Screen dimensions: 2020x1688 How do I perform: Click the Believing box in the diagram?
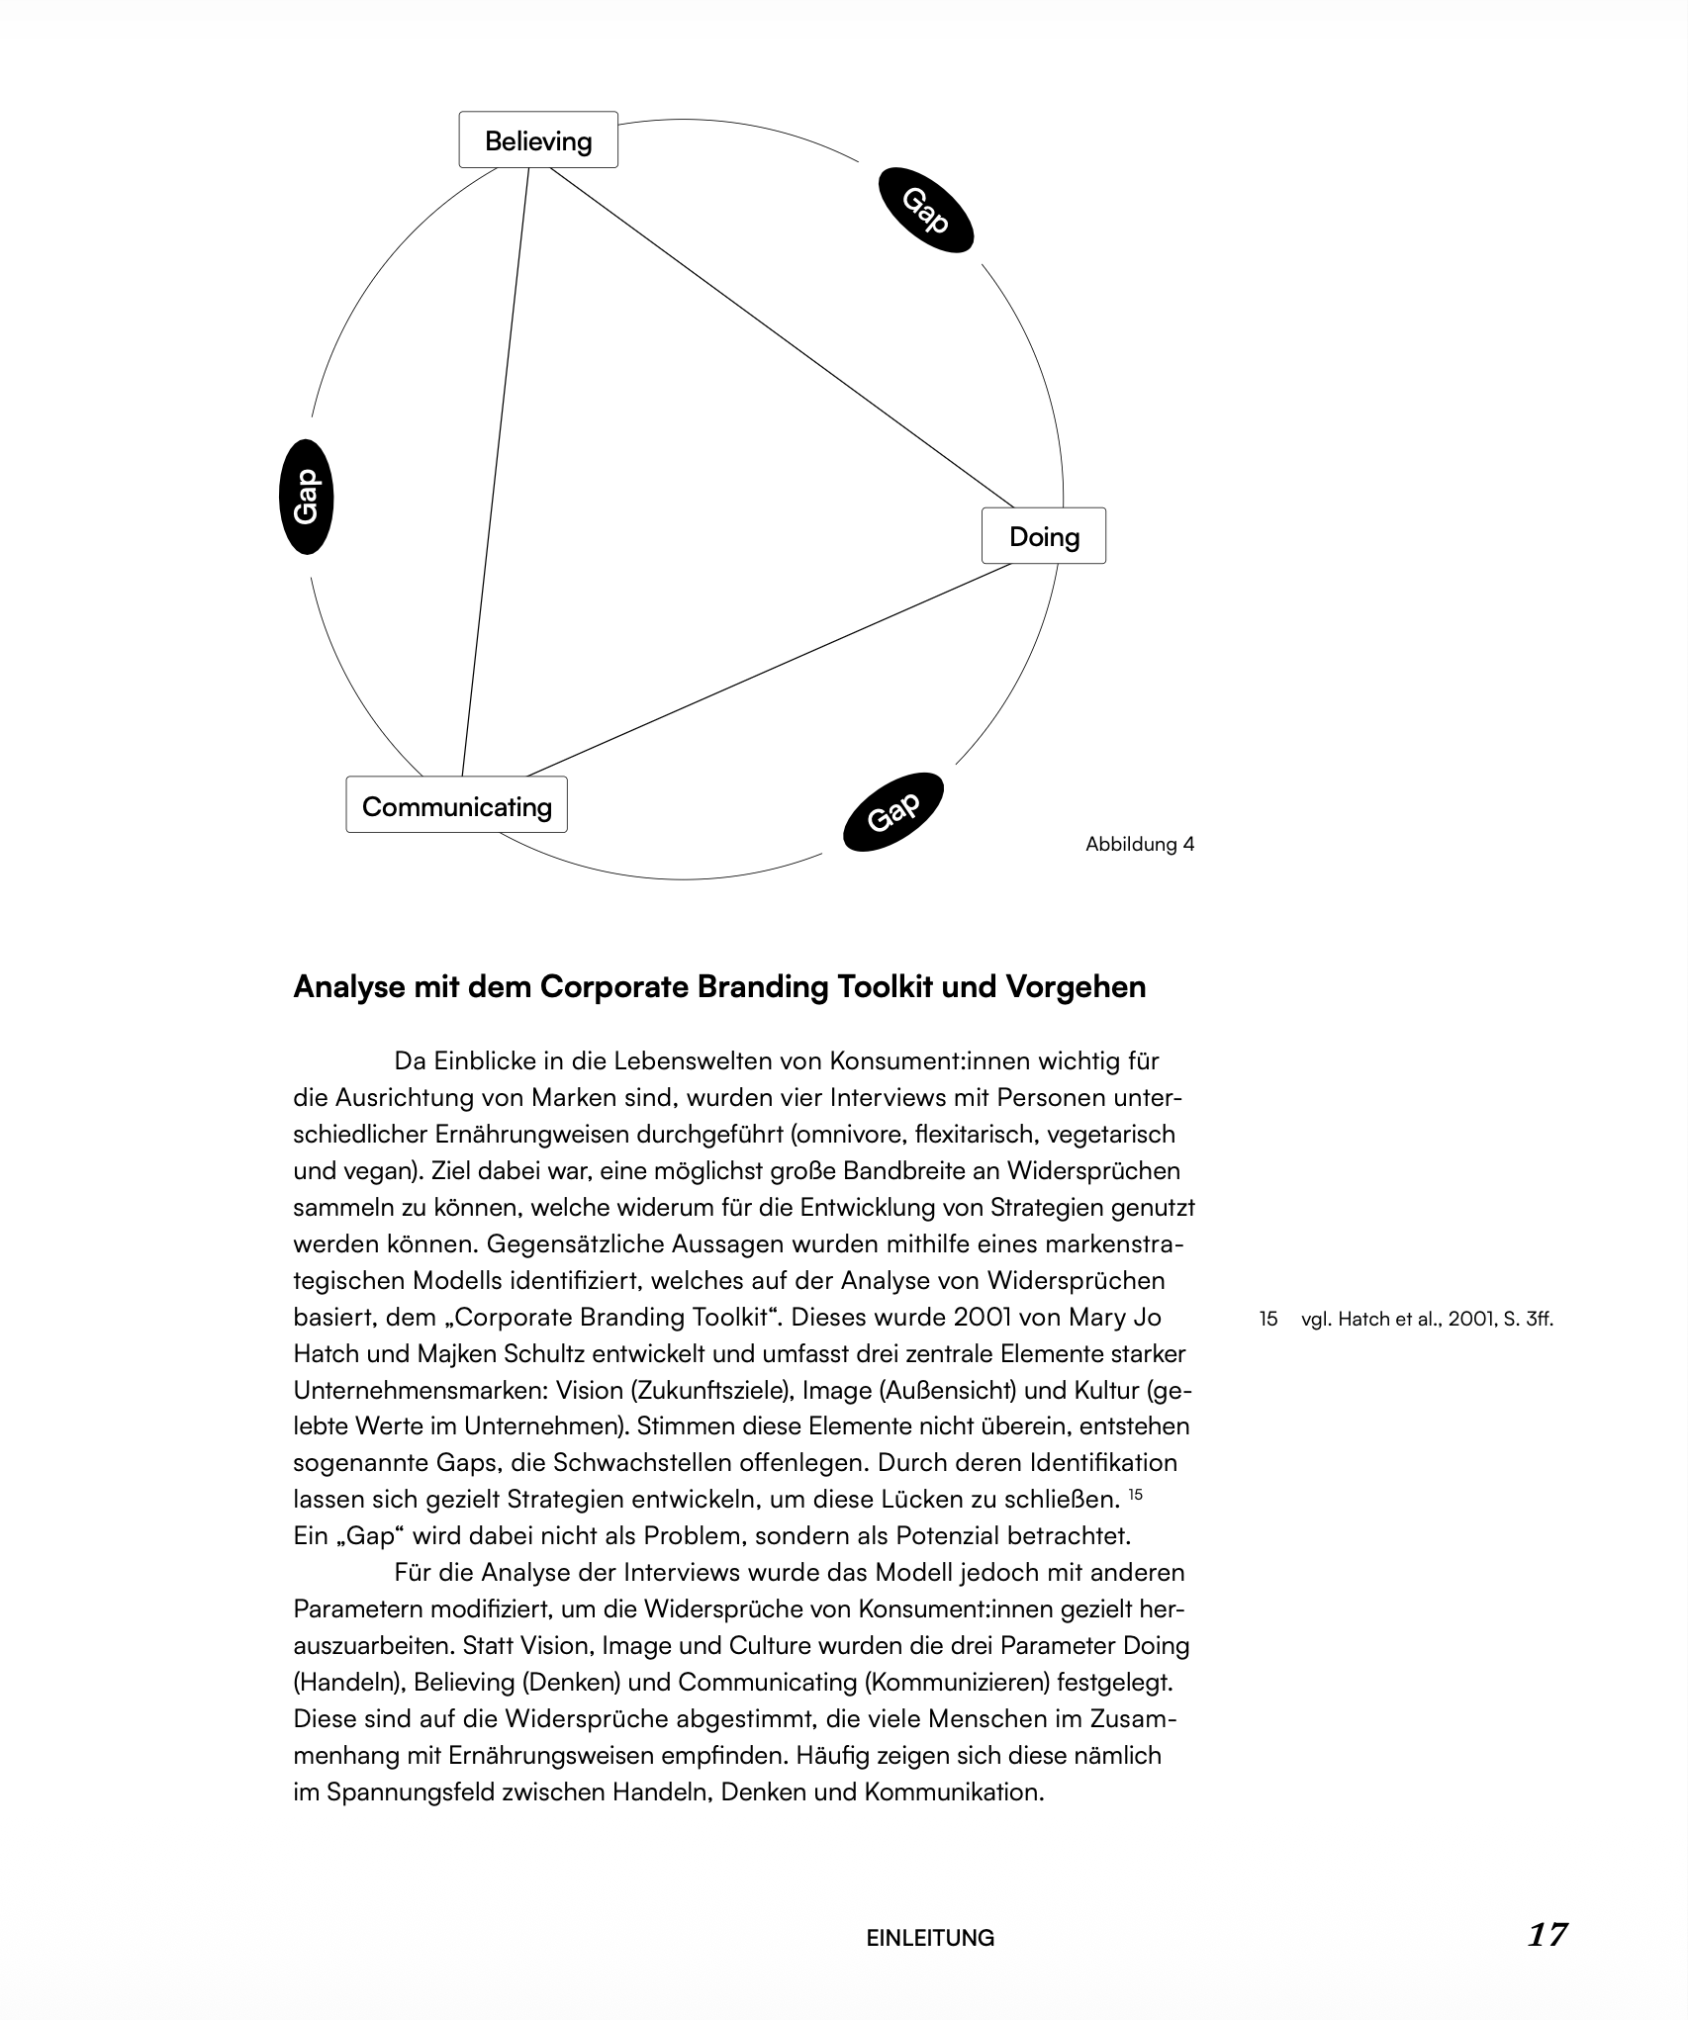(x=538, y=140)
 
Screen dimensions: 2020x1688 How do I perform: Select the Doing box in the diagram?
(x=1044, y=536)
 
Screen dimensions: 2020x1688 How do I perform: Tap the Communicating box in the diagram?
(x=456, y=805)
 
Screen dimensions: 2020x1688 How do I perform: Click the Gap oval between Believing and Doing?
(x=926, y=211)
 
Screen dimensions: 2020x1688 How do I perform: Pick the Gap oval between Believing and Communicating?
(x=307, y=497)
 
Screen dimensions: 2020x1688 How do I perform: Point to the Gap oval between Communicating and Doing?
(x=893, y=811)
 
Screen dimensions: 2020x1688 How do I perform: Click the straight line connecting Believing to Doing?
(x=782, y=336)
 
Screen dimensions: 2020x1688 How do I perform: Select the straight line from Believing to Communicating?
(x=495, y=475)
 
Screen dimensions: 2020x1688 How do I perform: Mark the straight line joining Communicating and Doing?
(x=767, y=671)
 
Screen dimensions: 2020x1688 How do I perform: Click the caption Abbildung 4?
(x=1140, y=844)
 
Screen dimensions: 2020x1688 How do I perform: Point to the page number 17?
(x=1547, y=1935)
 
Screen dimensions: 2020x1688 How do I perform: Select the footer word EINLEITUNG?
(x=930, y=1938)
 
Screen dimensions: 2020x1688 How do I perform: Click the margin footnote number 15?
(x=1268, y=1319)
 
